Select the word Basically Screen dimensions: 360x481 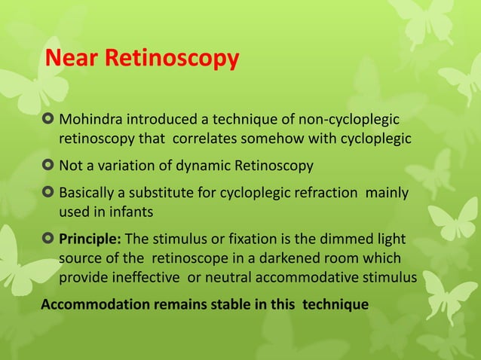[89, 193]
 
